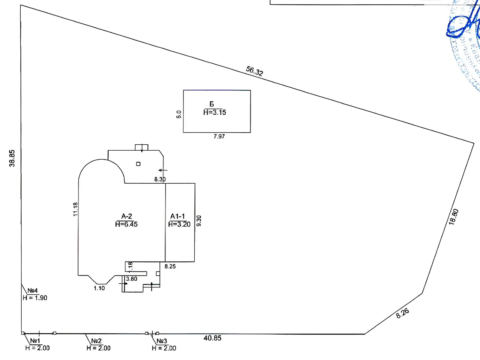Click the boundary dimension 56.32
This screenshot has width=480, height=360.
(x=254, y=71)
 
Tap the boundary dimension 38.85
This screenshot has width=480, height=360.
(x=12, y=158)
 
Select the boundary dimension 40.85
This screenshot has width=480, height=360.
(x=212, y=338)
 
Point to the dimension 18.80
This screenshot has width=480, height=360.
(x=454, y=217)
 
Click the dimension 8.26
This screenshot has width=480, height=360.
(x=402, y=313)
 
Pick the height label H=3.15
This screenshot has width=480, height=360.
(x=214, y=112)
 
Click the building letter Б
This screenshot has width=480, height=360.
(x=212, y=104)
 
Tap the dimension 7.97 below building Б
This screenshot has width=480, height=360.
(x=219, y=136)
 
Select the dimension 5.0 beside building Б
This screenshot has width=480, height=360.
(x=179, y=114)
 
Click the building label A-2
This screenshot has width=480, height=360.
(x=127, y=216)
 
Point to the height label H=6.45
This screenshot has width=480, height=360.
(x=126, y=224)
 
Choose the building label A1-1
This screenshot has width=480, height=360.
(x=178, y=216)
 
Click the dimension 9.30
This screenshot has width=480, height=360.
(x=199, y=221)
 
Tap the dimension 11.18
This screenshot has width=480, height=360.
(x=76, y=209)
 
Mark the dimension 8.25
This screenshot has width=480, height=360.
(x=170, y=266)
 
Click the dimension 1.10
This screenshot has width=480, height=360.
(x=99, y=288)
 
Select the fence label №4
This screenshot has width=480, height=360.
(x=33, y=291)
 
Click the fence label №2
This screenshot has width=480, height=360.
(x=97, y=341)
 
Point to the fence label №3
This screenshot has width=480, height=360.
(x=162, y=341)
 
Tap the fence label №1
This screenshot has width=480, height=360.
(x=35, y=341)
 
